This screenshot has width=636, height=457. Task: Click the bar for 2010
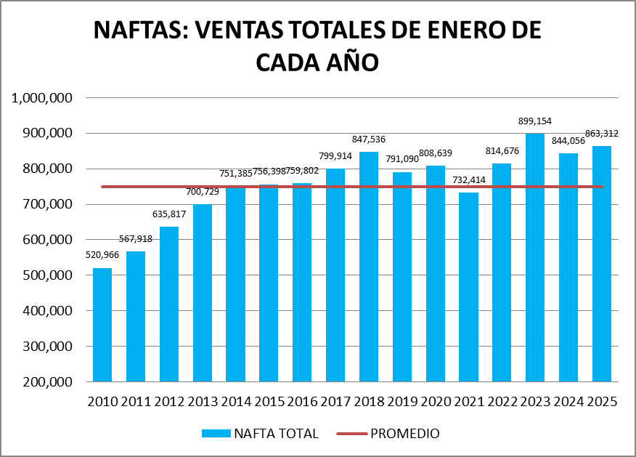[x=102, y=325]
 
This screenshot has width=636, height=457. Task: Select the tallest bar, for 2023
[x=535, y=257]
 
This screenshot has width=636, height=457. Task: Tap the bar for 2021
[x=468, y=287]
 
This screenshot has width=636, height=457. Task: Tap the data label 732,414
[x=468, y=182]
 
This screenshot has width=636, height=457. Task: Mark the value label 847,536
[x=369, y=140]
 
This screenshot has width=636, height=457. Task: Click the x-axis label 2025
[x=602, y=400]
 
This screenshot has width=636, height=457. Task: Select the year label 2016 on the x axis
[x=302, y=400]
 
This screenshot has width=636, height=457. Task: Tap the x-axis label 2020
[x=436, y=400]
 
